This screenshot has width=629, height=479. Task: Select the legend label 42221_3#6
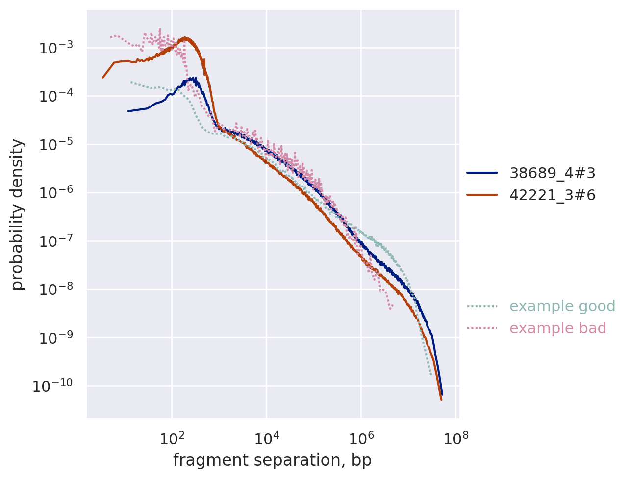552,195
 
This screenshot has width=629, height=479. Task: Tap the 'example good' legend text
562,306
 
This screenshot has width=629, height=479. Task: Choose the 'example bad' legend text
557,328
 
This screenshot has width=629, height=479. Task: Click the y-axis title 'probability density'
18,214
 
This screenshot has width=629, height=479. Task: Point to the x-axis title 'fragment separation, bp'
272,460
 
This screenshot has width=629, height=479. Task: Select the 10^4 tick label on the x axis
266,437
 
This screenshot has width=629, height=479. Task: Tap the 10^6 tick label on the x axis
361,437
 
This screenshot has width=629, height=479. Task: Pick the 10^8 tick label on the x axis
455,437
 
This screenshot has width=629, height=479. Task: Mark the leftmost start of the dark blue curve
128,111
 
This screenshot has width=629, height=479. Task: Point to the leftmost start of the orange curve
103,77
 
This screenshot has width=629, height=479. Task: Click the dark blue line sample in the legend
482,173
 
